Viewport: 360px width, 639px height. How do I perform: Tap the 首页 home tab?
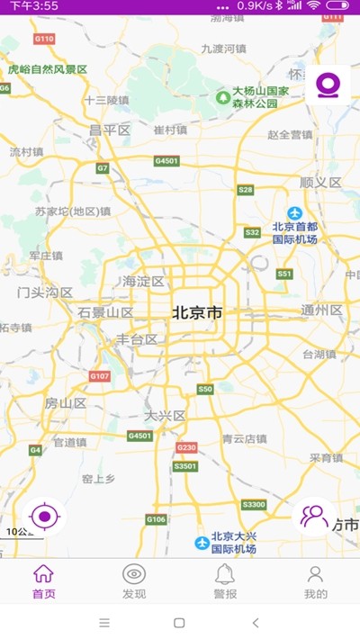click(x=44, y=581)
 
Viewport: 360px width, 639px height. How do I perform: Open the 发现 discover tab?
click(x=134, y=581)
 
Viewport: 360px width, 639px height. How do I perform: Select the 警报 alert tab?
click(x=225, y=581)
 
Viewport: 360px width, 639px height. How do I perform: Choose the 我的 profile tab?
click(x=315, y=581)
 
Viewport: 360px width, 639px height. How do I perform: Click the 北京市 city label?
click(x=197, y=313)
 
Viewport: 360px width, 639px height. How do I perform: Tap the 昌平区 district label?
click(x=110, y=130)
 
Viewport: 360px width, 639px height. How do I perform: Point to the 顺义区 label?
click(x=320, y=183)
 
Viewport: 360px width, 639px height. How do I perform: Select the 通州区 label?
click(x=322, y=310)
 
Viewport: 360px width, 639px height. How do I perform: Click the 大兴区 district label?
click(x=165, y=416)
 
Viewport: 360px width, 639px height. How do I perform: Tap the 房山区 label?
click(x=66, y=402)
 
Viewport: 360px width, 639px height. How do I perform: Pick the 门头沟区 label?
click(x=45, y=292)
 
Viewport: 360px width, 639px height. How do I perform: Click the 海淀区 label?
click(x=144, y=281)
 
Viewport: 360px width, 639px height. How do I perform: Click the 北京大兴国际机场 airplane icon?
click(x=202, y=543)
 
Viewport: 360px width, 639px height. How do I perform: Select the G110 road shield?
click(x=43, y=39)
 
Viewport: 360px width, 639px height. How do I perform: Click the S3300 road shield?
click(x=254, y=505)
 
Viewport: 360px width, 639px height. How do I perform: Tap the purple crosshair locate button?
click(x=44, y=517)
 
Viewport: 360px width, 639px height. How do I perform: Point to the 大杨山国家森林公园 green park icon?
click(x=223, y=95)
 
